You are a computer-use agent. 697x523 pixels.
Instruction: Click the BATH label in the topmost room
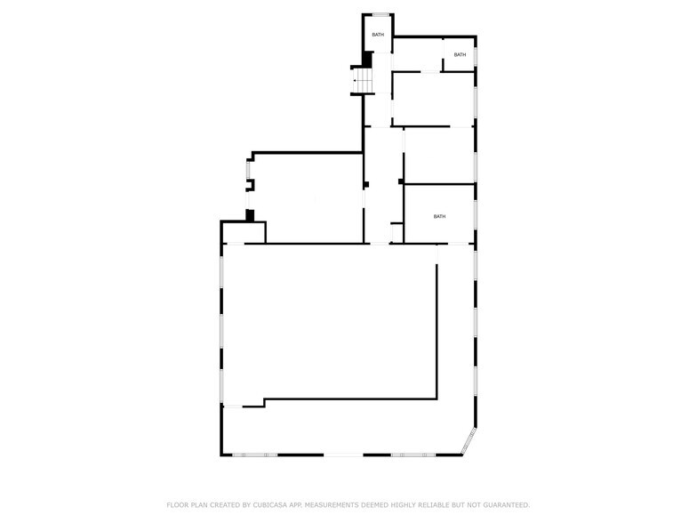pyautogui.click(x=378, y=35)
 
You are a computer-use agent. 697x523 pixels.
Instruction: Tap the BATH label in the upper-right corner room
pyautogui.click(x=461, y=55)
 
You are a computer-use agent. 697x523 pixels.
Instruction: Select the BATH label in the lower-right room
pyautogui.click(x=439, y=217)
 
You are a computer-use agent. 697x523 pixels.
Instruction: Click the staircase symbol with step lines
pyautogui.click(x=363, y=80)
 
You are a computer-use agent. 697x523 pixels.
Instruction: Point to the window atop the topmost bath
pyautogui.click(x=381, y=14)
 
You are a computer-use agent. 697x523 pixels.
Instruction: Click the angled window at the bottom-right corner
pyautogui.click(x=469, y=441)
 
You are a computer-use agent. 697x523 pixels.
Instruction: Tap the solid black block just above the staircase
pyautogui.click(x=367, y=60)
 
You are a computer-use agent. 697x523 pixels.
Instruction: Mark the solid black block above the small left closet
pyautogui.click(x=251, y=215)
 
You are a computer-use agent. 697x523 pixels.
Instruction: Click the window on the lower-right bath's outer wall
pyautogui.click(x=475, y=214)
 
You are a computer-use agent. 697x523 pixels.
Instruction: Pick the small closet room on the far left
pyautogui.click(x=244, y=233)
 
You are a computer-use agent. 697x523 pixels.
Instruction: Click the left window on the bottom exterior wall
pyautogui.click(x=254, y=455)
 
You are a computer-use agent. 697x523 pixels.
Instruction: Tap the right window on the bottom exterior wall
pyautogui.click(x=413, y=455)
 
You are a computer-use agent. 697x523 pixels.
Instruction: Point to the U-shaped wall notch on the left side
pyautogui.click(x=251, y=185)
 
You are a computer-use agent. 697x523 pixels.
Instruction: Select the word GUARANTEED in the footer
pyautogui.click(x=507, y=505)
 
